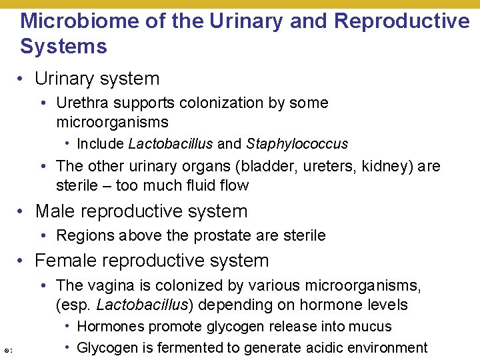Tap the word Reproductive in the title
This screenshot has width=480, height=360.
[402, 21]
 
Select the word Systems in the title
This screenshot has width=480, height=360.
[63, 47]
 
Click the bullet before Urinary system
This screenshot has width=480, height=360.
[22, 79]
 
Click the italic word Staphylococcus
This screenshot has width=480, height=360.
[297, 144]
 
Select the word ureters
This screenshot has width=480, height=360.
[330, 166]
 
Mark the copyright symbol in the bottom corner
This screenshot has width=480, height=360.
[6, 351]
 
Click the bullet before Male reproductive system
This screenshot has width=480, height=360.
[22, 212]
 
